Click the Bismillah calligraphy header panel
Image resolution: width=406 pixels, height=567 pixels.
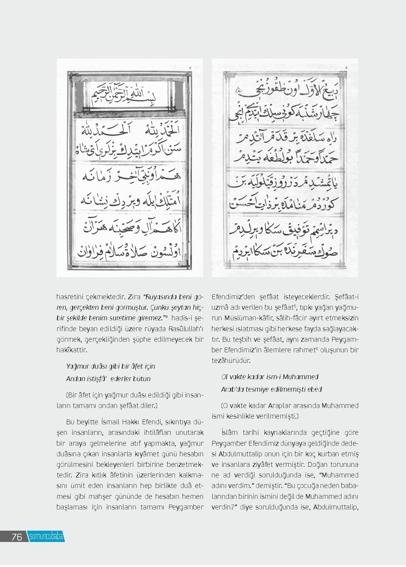pos(129,95)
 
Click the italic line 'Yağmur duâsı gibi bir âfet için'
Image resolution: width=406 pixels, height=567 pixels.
pos(111,366)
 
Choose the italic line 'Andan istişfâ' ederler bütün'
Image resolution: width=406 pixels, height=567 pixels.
pos(108,379)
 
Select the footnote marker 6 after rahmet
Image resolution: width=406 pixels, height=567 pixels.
pos(317,348)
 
